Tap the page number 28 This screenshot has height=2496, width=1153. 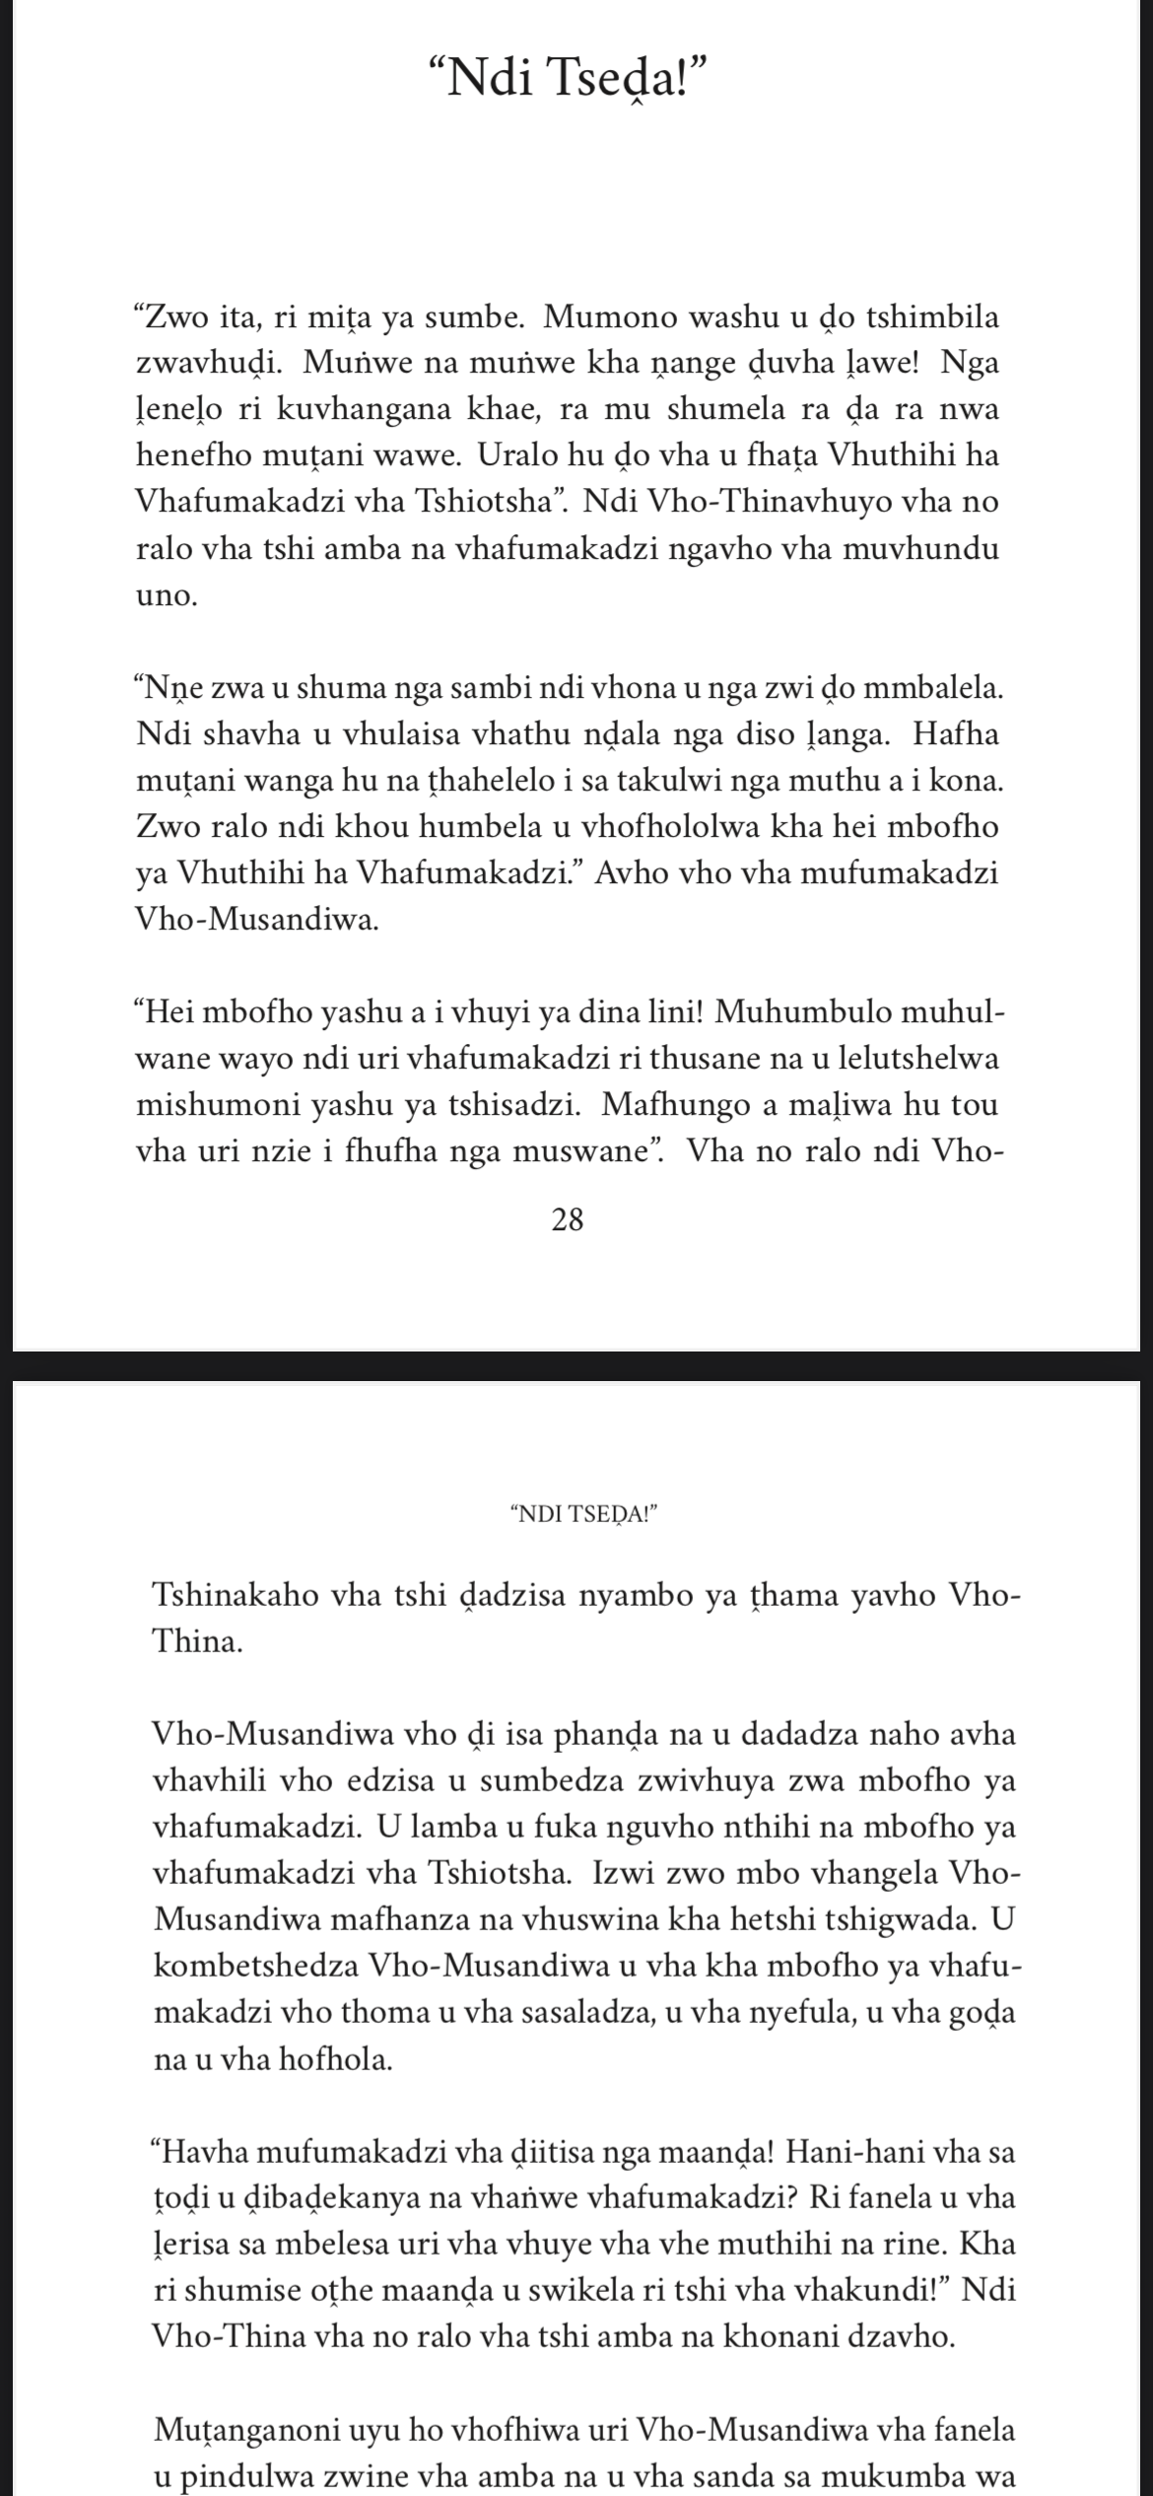pos(569,1220)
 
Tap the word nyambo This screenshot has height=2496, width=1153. pos(649,1596)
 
